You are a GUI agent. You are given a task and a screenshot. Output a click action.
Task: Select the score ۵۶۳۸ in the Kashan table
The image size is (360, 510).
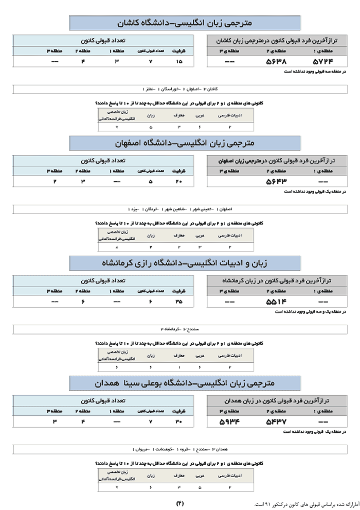point(276,62)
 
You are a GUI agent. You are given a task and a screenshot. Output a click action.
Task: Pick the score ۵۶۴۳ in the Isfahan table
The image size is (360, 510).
point(276,181)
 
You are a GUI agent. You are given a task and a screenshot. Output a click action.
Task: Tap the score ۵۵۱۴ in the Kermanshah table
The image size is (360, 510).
point(276,302)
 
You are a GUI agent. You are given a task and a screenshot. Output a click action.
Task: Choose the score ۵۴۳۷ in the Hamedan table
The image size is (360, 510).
point(276,422)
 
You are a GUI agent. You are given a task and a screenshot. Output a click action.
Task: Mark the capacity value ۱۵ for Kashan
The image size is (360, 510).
point(178,62)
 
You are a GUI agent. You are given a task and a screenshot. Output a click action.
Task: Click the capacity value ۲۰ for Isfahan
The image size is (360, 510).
point(178,181)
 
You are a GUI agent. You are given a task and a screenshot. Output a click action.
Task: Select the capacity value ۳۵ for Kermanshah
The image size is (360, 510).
point(178,302)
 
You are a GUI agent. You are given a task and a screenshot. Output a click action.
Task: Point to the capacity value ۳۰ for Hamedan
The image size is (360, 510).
point(178,422)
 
